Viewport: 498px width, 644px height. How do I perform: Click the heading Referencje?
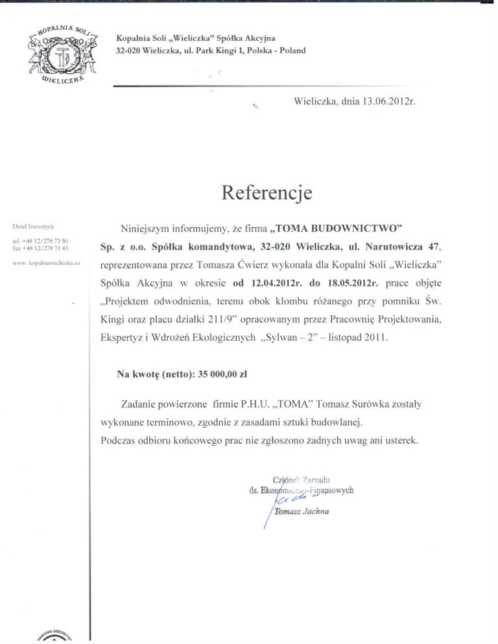[267, 192]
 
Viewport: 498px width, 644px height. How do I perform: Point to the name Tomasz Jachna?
[302, 512]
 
